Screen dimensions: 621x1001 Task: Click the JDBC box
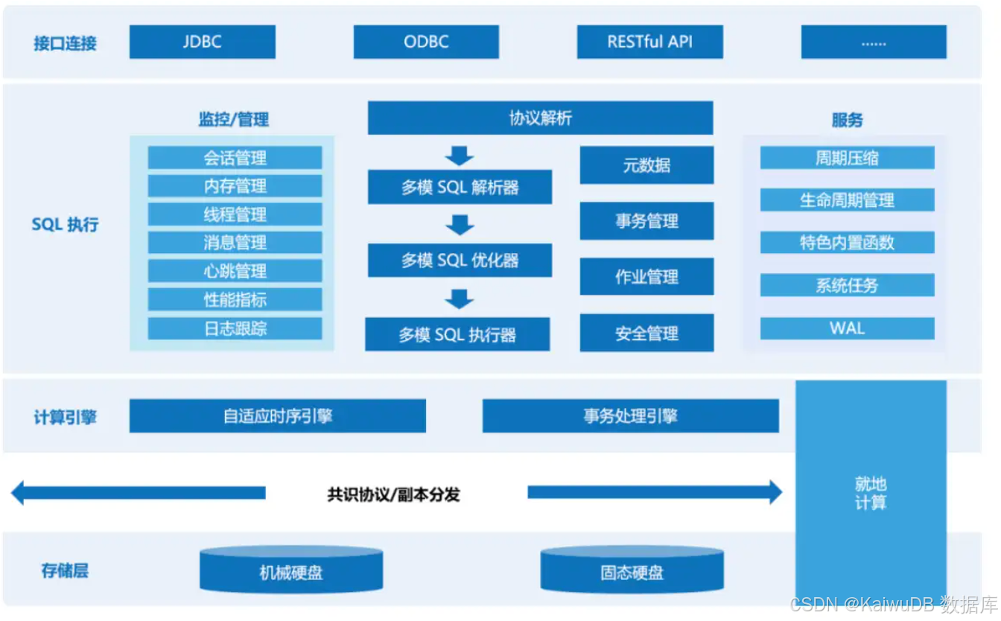click(x=202, y=42)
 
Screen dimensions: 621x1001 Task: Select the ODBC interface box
click(x=426, y=42)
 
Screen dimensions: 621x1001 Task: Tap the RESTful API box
click(x=649, y=42)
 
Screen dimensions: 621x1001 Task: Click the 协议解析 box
click(x=540, y=118)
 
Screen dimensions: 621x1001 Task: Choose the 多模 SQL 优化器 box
click(x=460, y=261)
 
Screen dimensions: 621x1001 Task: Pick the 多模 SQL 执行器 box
click(x=457, y=334)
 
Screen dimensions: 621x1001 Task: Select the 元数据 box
click(x=646, y=165)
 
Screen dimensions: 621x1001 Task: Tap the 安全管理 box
click(x=646, y=333)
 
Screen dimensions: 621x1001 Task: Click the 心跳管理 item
click(x=235, y=271)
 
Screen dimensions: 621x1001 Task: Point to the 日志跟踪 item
click(x=235, y=328)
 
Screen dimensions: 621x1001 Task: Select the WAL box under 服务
click(x=847, y=328)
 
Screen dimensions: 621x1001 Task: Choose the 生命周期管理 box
click(x=847, y=200)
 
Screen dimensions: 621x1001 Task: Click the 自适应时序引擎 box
click(x=277, y=415)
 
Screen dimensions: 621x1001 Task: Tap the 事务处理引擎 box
click(x=630, y=415)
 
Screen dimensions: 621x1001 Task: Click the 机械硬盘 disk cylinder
click(x=291, y=571)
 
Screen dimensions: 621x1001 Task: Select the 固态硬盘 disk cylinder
click(x=632, y=571)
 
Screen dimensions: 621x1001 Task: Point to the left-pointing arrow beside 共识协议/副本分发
click(x=138, y=492)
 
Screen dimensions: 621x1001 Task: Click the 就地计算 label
click(x=870, y=493)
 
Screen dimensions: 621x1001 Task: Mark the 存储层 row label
click(x=65, y=571)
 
